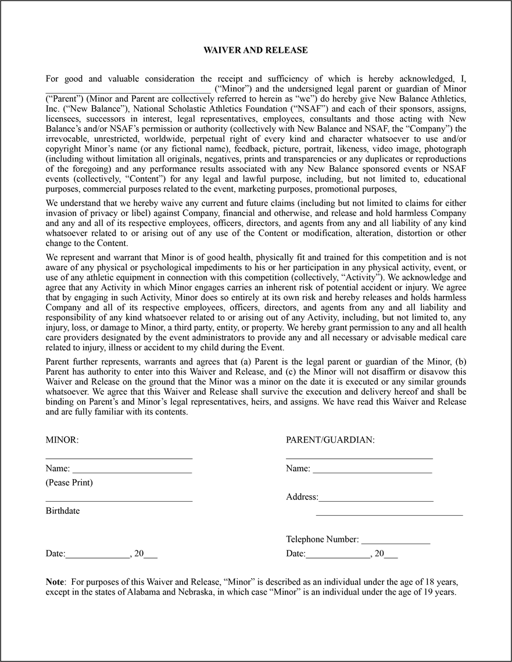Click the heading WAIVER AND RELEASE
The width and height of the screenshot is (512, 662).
(x=256, y=51)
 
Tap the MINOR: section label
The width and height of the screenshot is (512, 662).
(x=62, y=440)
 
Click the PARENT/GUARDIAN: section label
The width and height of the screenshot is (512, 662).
(x=330, y=440)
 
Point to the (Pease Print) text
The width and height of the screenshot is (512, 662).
(x=69, y=483)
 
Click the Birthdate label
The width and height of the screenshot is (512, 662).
(x=63, y=511)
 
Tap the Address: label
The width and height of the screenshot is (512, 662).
(x=302, y=497)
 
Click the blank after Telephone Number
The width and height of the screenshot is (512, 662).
(x=396, y=540)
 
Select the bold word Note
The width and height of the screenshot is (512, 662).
(x=55, y=582)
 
